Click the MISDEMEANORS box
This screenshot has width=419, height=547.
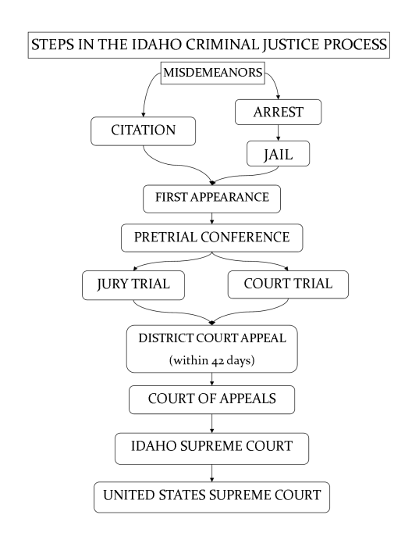211,73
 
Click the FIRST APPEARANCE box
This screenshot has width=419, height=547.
211,198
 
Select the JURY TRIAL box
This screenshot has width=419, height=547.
133,284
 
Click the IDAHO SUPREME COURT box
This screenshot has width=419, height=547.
211,447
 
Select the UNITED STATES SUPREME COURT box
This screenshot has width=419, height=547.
211,495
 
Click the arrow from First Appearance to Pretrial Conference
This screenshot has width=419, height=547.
211,218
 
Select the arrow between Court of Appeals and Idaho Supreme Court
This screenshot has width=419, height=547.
211,423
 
